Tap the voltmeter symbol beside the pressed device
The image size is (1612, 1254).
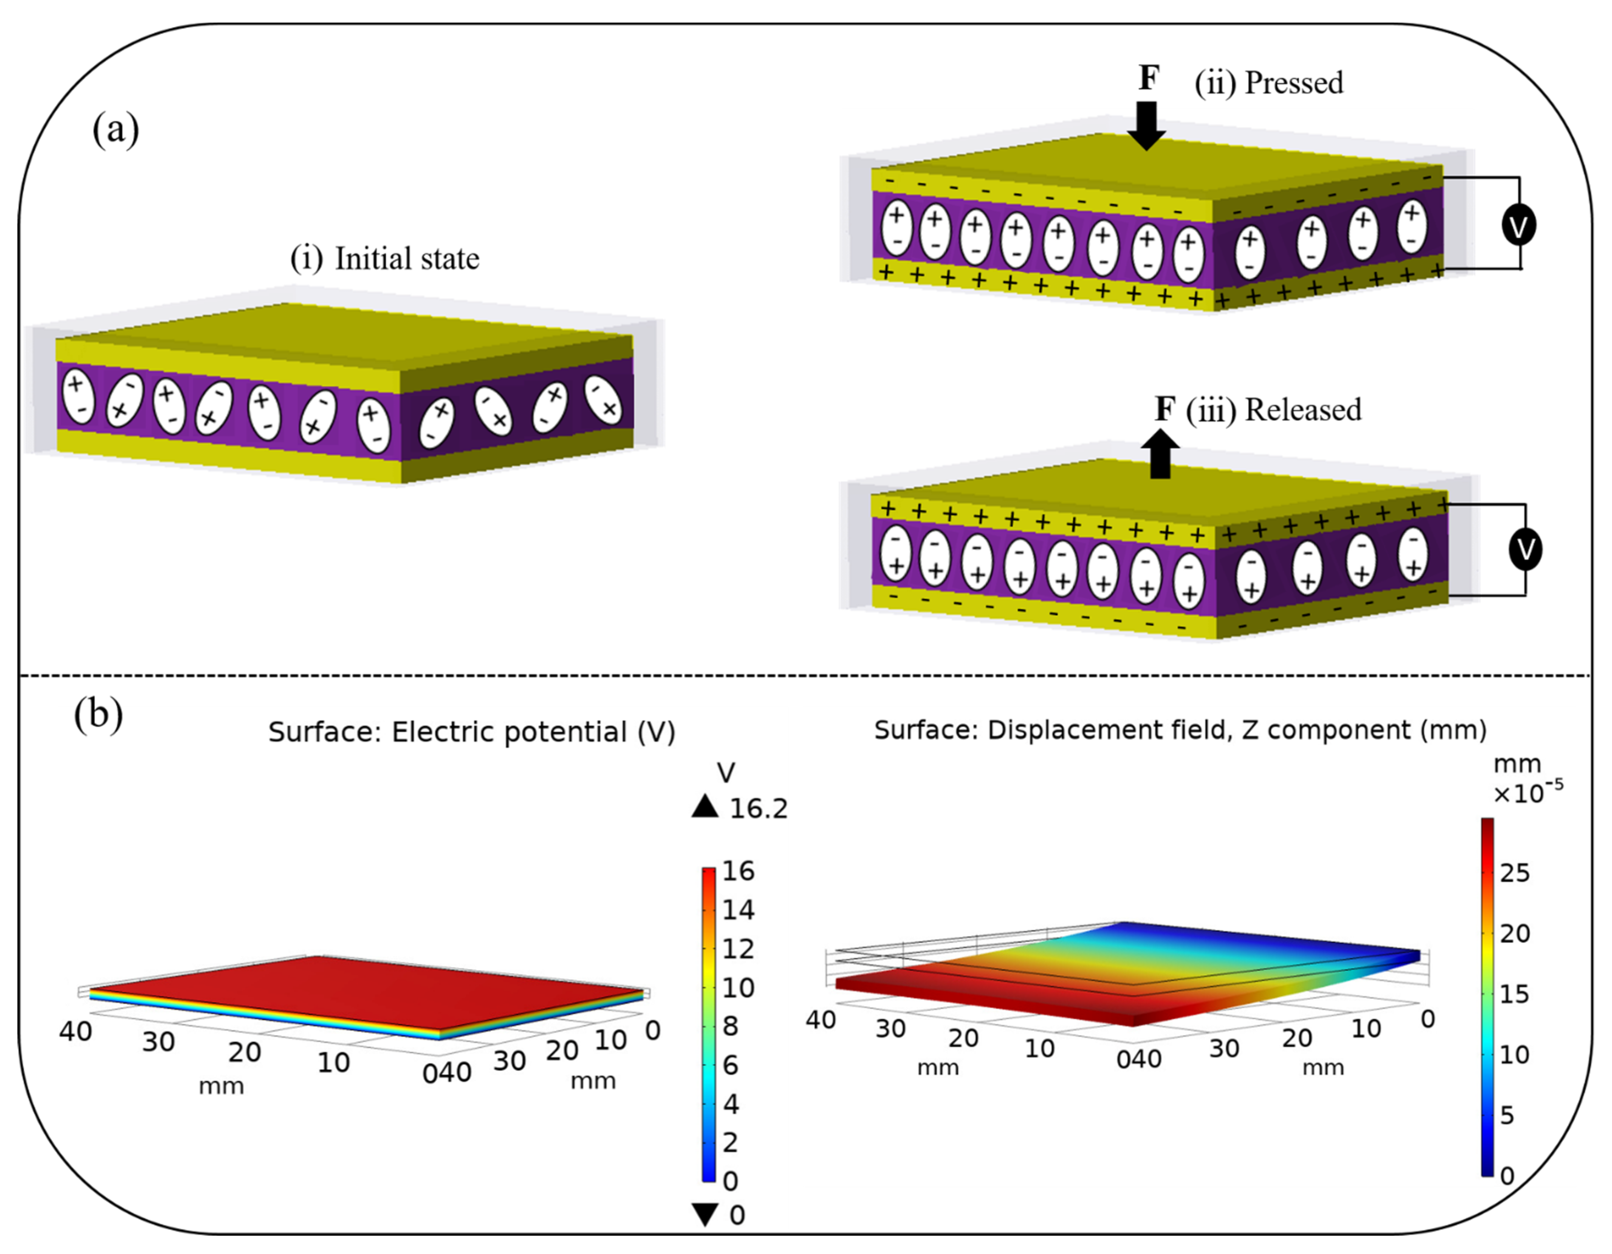(1519, 225)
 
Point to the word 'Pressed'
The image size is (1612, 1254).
(1294, 83)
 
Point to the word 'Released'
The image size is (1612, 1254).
(1303, 410)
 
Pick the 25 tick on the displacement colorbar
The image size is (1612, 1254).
(1515, 873)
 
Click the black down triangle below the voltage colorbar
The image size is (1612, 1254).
(706, 1214)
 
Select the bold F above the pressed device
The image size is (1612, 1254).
(1149, 78)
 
